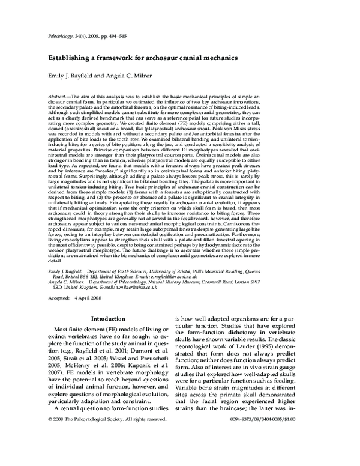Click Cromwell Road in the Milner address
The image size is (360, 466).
pyautogui.click(x=266, y=282)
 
